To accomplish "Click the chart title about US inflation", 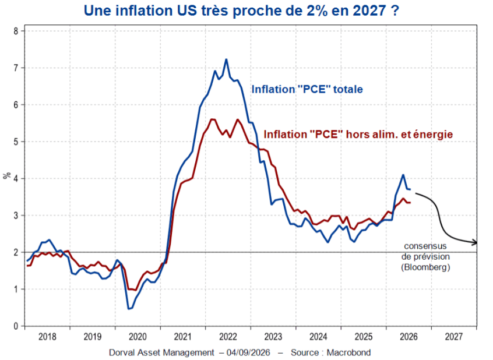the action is (x=241, y=10).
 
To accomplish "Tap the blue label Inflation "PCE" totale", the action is (x=307, y=89).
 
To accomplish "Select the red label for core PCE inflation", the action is (x=358, y=134).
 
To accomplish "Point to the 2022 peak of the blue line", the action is (x=226, y=59).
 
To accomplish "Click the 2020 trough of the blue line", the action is (x=129, y=309).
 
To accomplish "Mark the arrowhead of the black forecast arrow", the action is (x=475, y=243).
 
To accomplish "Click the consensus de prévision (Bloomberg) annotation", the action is (x=425, y=256).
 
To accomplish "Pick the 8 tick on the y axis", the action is (x=16, y=31).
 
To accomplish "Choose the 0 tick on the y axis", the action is (x=16, y=326).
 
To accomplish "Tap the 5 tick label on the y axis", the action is (x=16, y=142).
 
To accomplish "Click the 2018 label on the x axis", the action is (x=47, y=337).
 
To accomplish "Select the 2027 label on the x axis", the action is (x=454, y=337).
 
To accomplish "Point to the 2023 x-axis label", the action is (x=273, y=337).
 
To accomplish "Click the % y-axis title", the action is (x=7, y=175).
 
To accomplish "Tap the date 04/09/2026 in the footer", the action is (x=248, y=353).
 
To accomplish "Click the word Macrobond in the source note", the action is (x=348, y=353).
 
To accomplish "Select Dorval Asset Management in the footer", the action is (x=161, y=353).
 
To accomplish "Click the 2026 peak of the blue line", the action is (x=403, y=175).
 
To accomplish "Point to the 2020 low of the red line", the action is (x=136, y=290).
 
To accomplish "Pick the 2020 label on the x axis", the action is (x=138, y=337).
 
